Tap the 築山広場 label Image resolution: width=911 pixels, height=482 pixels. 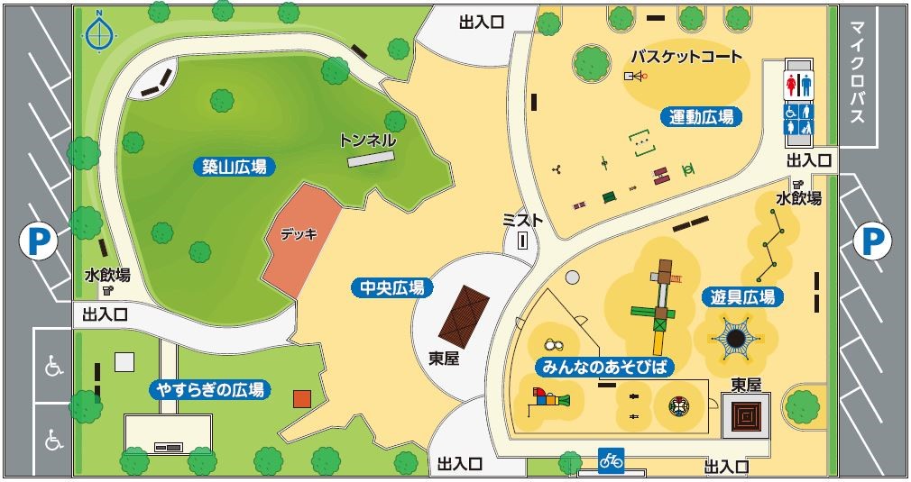click(234, 166)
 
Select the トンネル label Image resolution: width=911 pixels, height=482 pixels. click(367, 141)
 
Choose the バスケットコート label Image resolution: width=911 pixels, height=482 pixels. click(686, 57)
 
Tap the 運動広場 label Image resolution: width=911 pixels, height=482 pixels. click(701, 116)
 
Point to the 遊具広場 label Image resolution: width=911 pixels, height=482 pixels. click(741, 296)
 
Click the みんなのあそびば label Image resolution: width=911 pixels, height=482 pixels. click(608, 368)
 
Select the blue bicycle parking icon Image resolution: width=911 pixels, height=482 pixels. click(611, 459)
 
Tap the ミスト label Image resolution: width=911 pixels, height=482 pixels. click(522, 220)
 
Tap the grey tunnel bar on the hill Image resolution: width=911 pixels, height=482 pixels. click(371, 159)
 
